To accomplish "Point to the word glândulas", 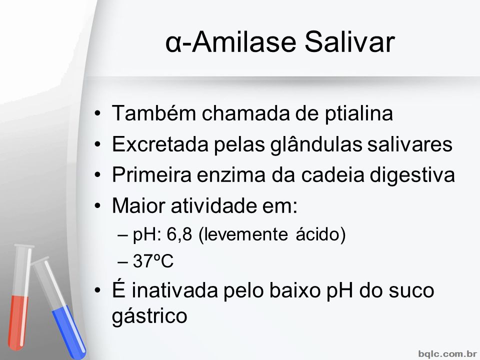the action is pyautogui.click(x=316, y=144).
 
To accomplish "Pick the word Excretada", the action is pyautogui.click(x=160, y=144).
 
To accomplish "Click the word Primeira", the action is pyautogui.click(x=151, y=174).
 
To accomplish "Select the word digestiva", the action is pyautogui.click(x=412, y=175).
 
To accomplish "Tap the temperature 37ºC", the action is pyautogui.click(x=153, y=261).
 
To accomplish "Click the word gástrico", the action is pyautogui.click(x=149, y=316).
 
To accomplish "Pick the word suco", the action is pyautogui.click(x=411, y=291).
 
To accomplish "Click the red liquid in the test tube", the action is pyautogui.click(x=18, y=322).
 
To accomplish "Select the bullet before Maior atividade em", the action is pyautogui.click(x=97, y=205).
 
